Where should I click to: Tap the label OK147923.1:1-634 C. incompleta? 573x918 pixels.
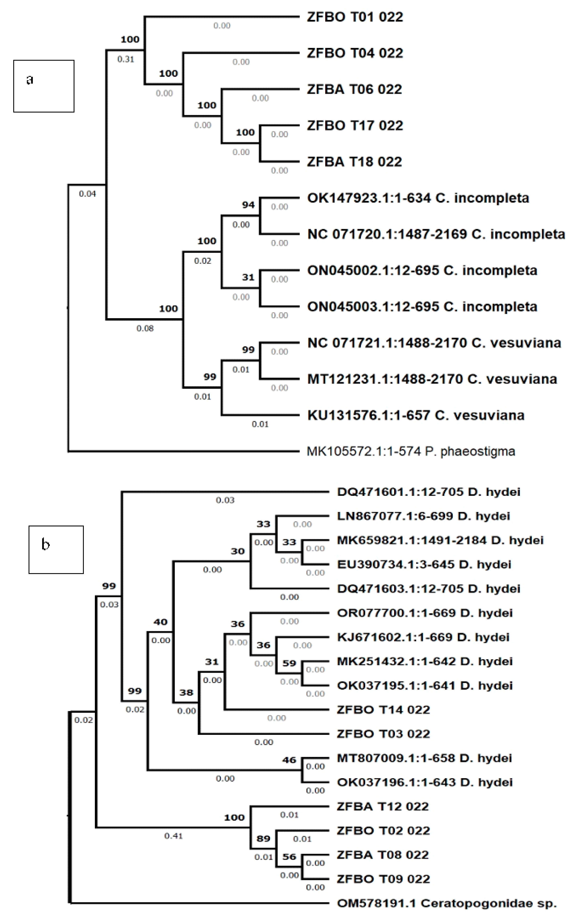tap(418, 198)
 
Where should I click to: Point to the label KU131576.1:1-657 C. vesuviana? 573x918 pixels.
tap(416, 415)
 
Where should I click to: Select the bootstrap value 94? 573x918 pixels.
tap(248, 205)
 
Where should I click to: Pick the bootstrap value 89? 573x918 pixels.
tap(263, 838)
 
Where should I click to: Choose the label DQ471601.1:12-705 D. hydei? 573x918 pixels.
tap(429, 492)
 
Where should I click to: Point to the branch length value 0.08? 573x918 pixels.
tap(145, 329)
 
